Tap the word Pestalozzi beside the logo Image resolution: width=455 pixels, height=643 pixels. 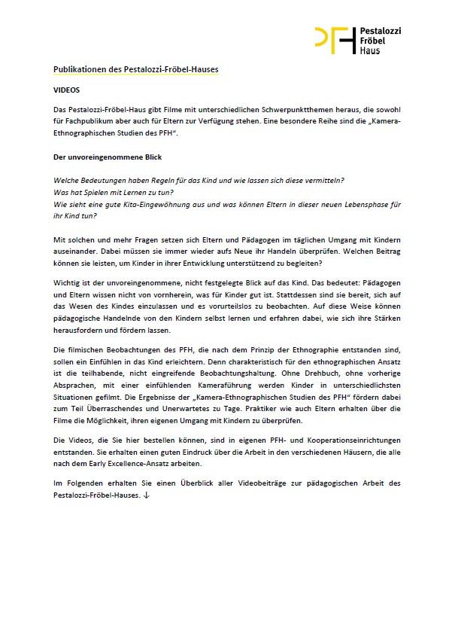pos(381,30)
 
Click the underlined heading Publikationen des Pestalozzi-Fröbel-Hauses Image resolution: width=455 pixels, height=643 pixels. pos(136,69)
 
